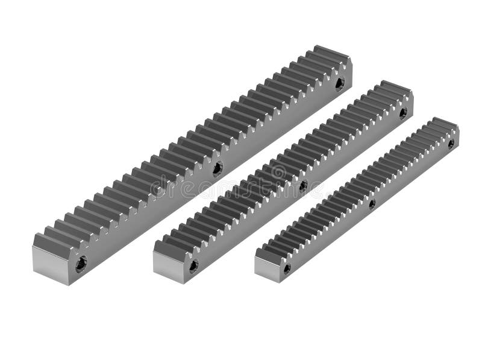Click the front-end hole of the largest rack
click(81, 264)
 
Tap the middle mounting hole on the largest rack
click(218, 168)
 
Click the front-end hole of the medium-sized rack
click(193, 265)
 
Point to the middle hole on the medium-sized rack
click(303, 186)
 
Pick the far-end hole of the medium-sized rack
click(402, 113)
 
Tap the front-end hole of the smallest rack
click(287, 268)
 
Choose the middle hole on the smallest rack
click(372, 204)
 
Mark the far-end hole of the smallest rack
click(451, 144)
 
